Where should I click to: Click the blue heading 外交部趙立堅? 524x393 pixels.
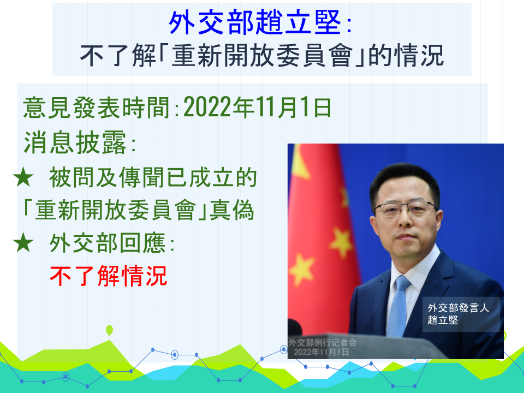click(255, 22)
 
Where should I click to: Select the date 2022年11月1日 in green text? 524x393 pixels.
click(257, 108)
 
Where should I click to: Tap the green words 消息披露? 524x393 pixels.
click(75, 142)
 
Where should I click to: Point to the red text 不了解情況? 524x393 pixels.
click(108, 276)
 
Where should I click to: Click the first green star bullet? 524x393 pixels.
click(23, 177)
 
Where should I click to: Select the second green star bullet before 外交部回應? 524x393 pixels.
click(23, 242)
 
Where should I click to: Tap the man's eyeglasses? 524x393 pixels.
click(406, 209)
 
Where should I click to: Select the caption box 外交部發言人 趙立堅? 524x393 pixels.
click(461, 314)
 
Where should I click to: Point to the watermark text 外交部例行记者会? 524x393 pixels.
click(323, 343)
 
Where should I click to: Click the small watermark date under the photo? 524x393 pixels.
click(321, 352)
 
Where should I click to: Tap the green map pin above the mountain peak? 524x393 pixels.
click(109, 330)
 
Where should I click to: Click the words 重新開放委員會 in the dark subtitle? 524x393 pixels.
click(263, 56)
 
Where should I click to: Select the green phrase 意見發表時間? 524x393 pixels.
click(96, 108)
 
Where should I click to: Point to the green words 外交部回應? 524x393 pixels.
click(108, 243)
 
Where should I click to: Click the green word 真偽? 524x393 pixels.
click(231, 210)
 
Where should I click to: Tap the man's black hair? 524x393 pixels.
click(404, 182)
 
